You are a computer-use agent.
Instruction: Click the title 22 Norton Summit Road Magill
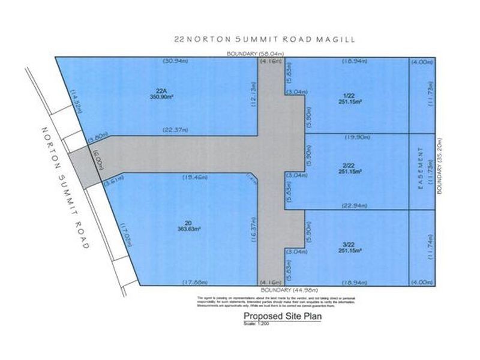pos(263,40)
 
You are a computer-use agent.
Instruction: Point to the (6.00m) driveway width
pos(94,157)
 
